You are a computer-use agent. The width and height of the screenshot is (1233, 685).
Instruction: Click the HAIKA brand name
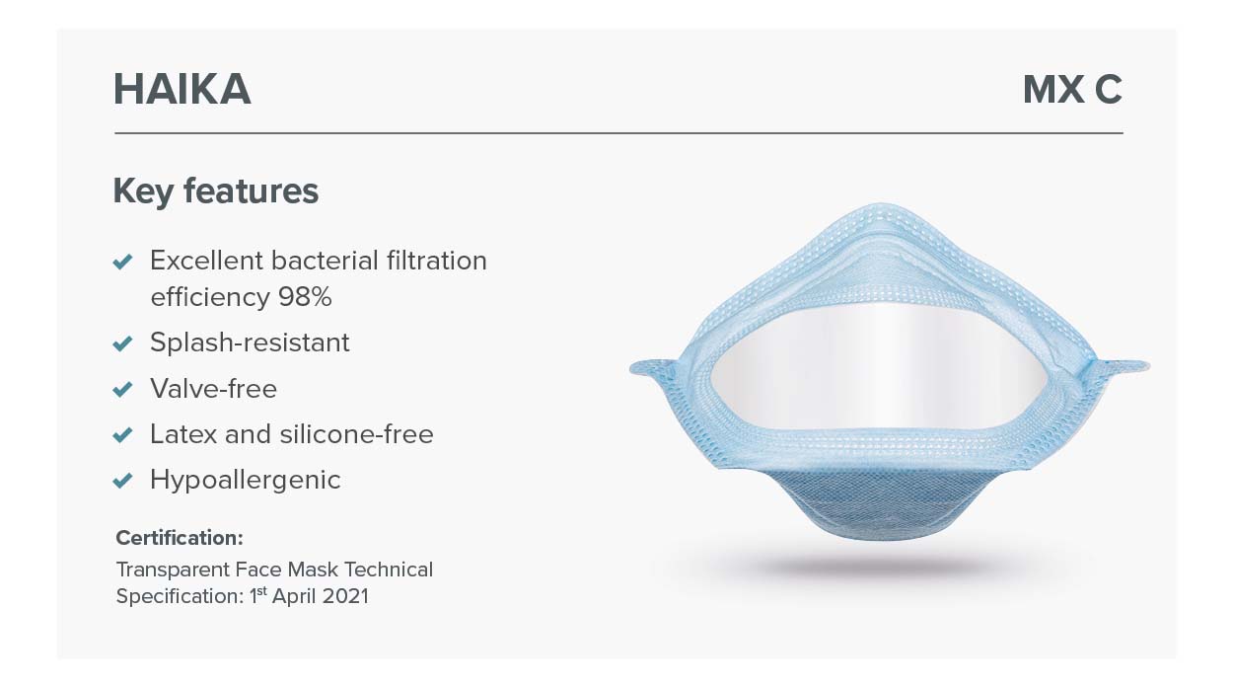[x=182, y=89]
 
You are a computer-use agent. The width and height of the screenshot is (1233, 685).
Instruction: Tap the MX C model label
[x=1072, y=90]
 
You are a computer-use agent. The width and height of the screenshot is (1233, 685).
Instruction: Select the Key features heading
[x=216, y=191]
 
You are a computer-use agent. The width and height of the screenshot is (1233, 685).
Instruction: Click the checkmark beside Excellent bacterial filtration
[x=122, y=262]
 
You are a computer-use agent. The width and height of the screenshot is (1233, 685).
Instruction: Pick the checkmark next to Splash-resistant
[x=122, y=343]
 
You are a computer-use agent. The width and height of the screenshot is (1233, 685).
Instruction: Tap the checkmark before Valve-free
[x=122, y=389]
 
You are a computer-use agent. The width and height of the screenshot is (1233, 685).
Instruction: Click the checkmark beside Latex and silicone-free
[x=122, y=435]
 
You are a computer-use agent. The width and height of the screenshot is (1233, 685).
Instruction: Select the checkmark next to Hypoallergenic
[x=122, y=481]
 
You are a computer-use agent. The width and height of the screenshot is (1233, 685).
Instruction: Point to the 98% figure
[x=305, y=297]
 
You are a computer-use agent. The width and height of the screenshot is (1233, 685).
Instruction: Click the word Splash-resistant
[x=250, y=342]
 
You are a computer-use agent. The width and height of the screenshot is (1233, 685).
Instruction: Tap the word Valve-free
[x=214, y=389]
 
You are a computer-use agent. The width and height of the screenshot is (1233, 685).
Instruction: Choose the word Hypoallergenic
[x=246, y=480]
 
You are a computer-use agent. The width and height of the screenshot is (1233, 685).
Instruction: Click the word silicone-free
[x=356, y=434]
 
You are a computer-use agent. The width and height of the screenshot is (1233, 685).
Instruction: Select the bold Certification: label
[x=180, y=538]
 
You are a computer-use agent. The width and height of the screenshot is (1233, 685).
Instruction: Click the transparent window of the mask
[x=879, y=365]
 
